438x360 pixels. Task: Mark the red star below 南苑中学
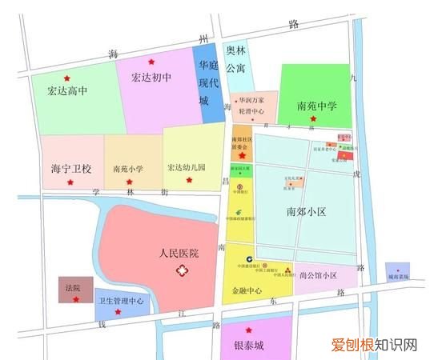click(313, 119)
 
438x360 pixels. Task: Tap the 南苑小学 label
click(128, 169)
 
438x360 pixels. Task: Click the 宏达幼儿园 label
click(187, 168)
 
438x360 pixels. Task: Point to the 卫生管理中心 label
click(120, 301)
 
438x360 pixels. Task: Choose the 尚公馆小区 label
click(318, 276)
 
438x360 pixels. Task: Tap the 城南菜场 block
click(398, 273)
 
